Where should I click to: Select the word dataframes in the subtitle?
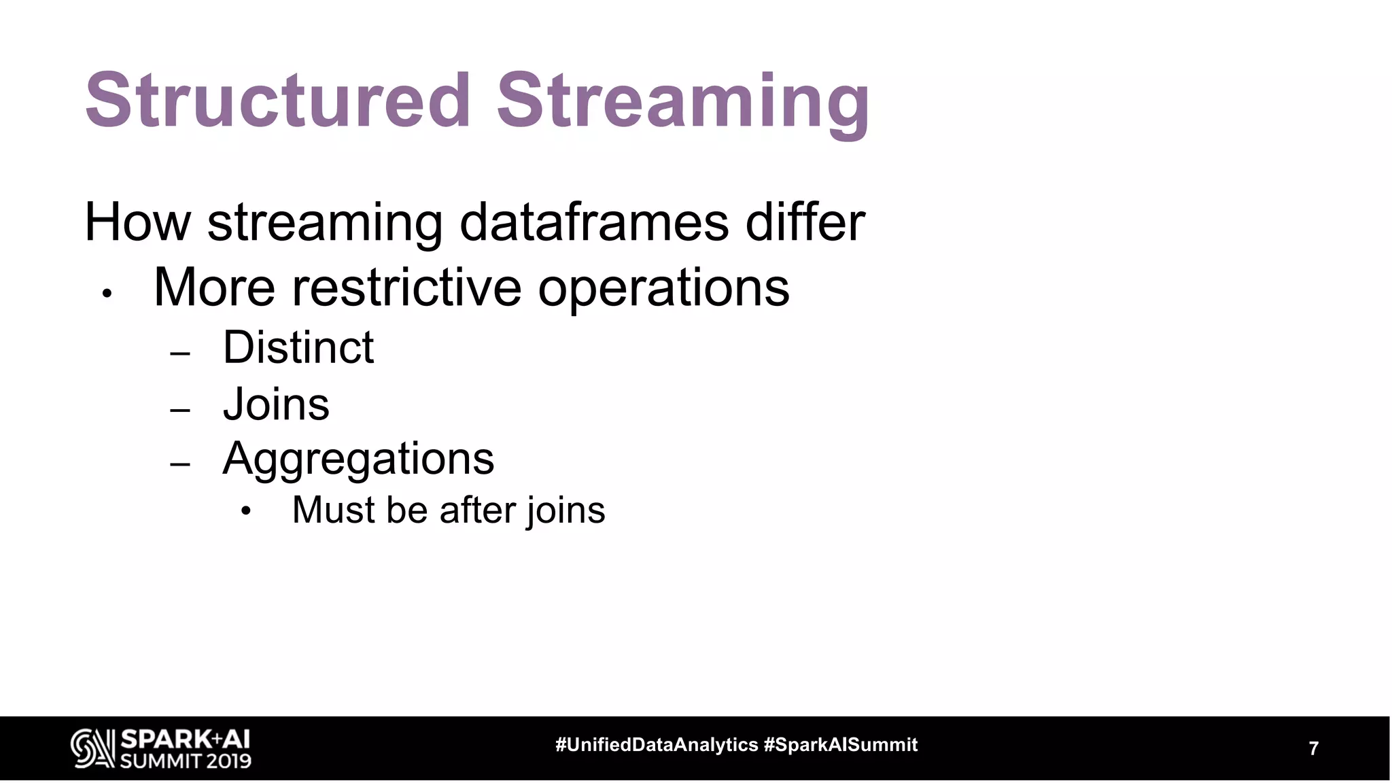[x=594, y=222]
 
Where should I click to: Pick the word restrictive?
[x=406, y=288]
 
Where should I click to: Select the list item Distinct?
[x=298, y=347]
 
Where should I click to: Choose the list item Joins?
[x=276, y=404]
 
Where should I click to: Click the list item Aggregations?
[x=358, y=459]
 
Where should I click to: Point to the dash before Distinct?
[x=180, y=354]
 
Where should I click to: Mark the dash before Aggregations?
[x=180, y=465]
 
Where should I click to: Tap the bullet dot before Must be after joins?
[x=246, y=511]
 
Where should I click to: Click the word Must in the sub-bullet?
[x=332, y=510]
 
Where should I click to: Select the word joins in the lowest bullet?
[x=565, y=511]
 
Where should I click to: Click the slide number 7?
[x=1313, y=748]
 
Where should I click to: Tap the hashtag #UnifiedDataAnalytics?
[x=656, y=745]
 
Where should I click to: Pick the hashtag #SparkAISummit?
[x=841, y=745]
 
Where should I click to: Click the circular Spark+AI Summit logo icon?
[x=92, y=748]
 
